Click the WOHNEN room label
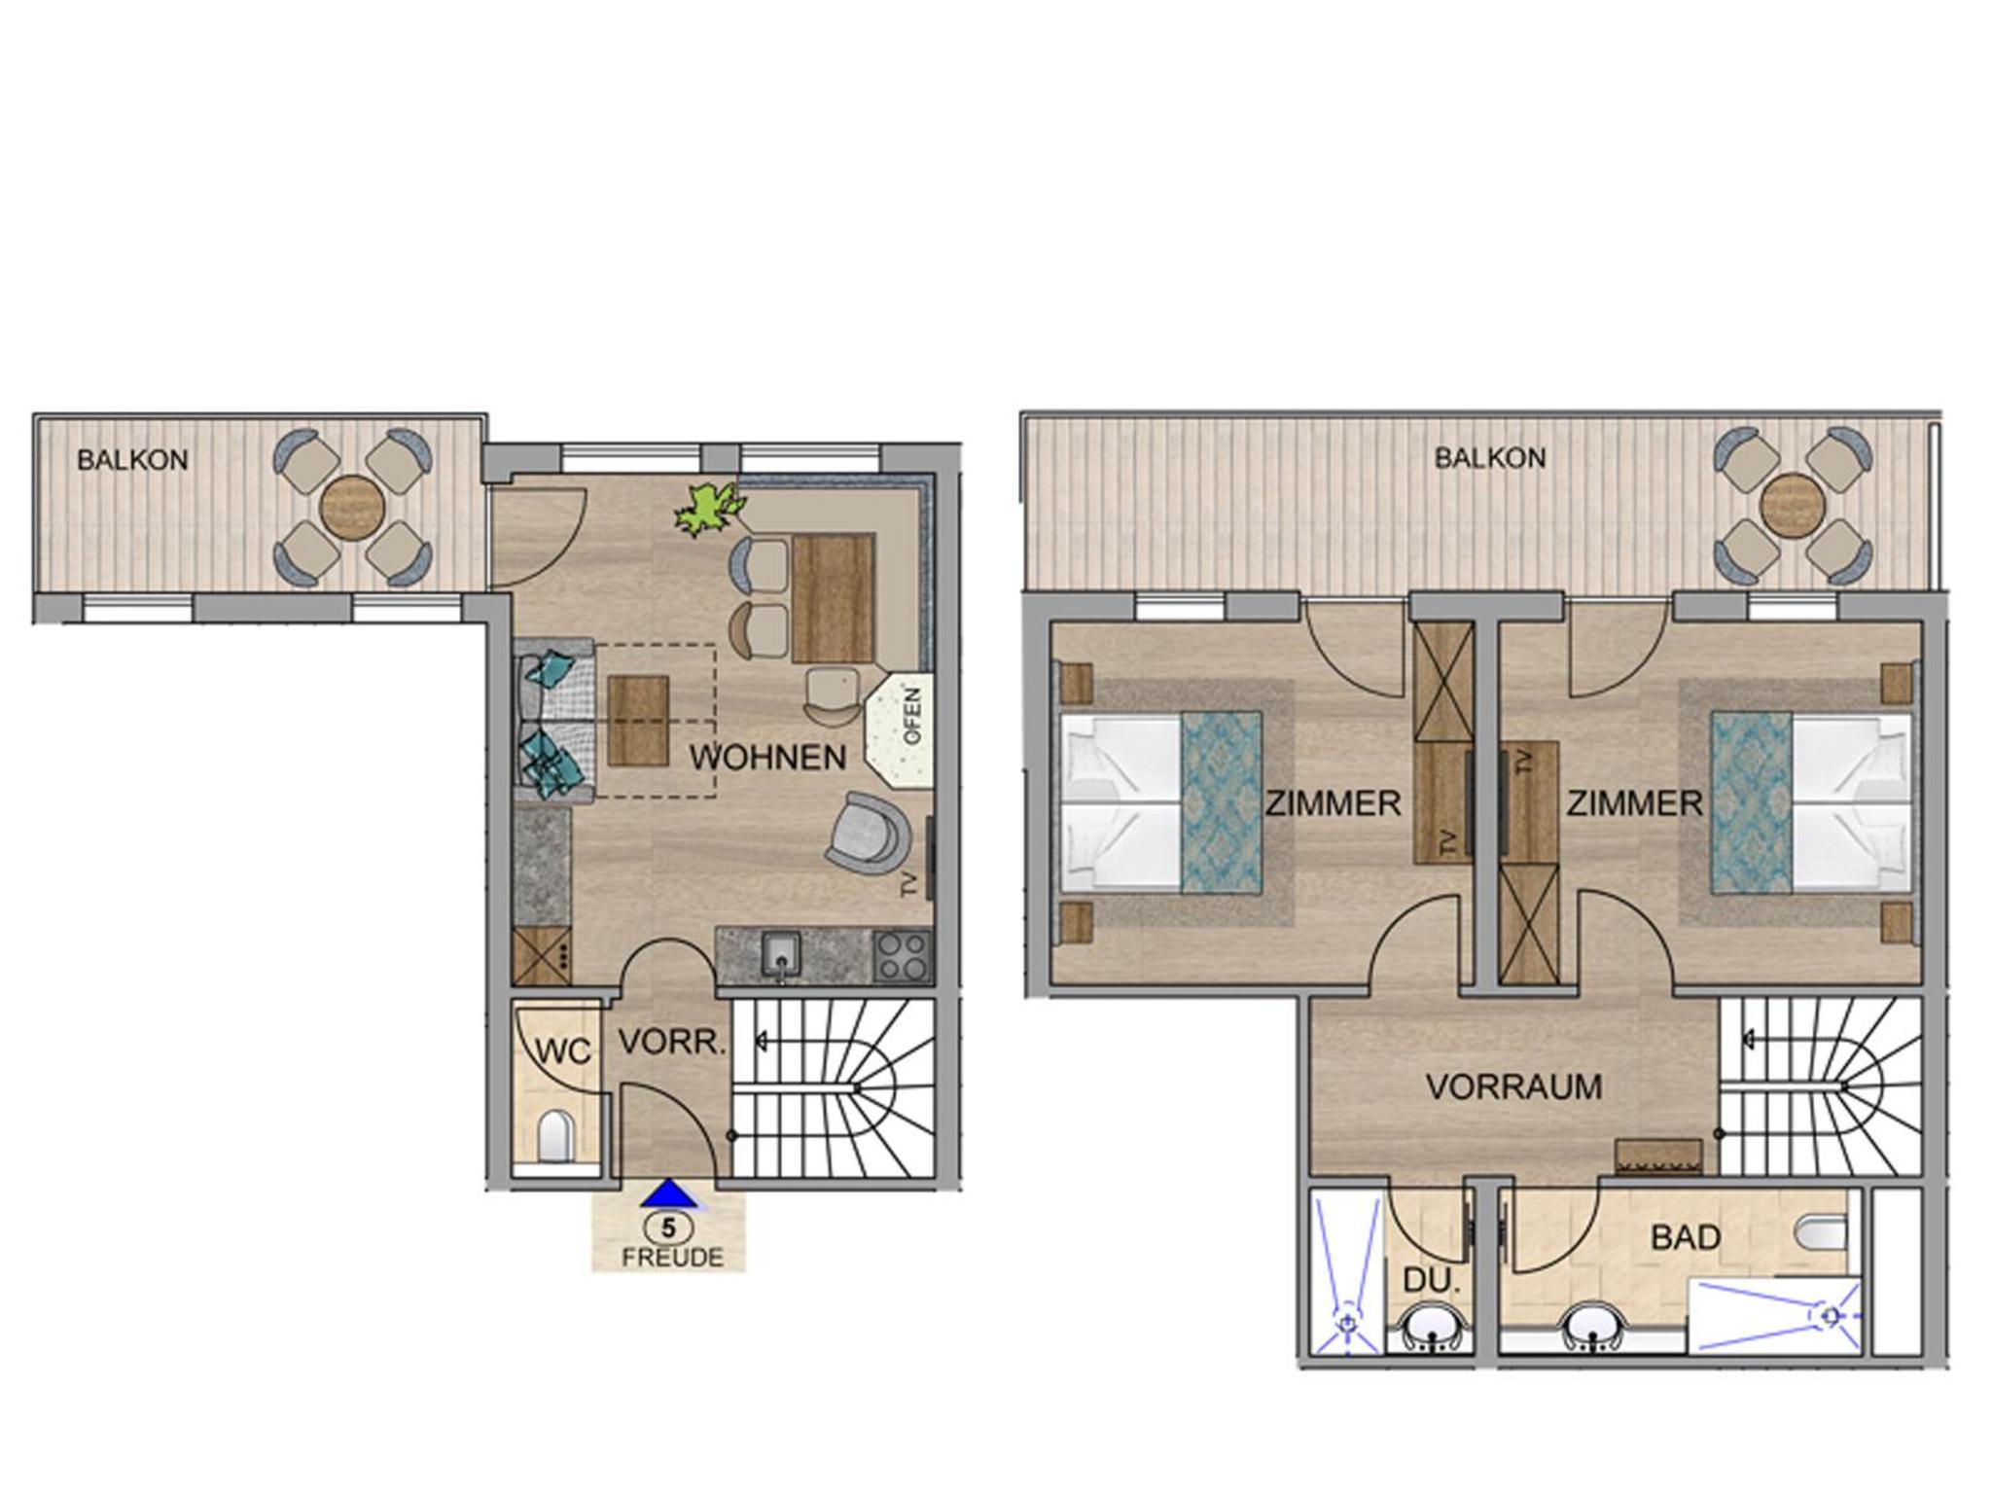[768, 758]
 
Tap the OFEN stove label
[912, 716]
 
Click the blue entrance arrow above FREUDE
[668, 1193]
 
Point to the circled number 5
[668, 1227]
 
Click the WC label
[563, 1051]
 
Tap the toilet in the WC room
[554, 1136]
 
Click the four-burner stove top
[903, 956]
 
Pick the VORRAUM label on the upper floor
[1513, 1086]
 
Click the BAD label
[1686, 1237]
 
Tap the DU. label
[1433, 1282]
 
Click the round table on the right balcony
[1792, 505]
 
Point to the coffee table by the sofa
[638, 721]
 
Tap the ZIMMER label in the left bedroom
[1333, 803]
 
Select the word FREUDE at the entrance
[672, 1258]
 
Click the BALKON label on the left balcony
[132, 460]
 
